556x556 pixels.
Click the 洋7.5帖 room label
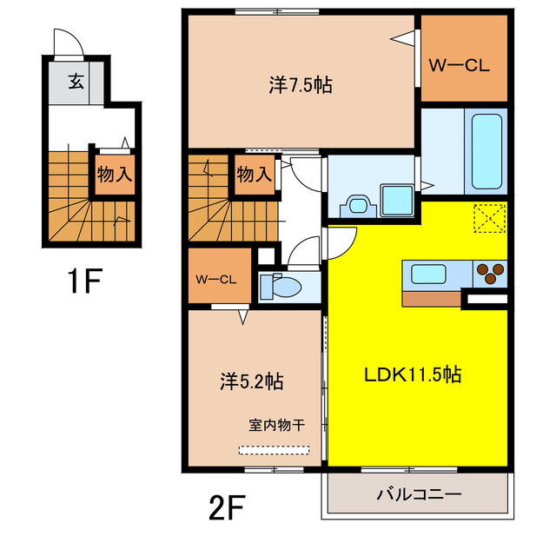pyautogui.click(x=301, y=86)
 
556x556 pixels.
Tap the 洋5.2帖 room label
pyautogui.click(x=251, y=380)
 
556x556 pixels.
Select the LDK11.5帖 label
pyautogui.click(x=411, y=375)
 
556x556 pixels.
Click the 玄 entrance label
pyautogui.click(x=76, y=83)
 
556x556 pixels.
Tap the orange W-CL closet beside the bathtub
pyautogui.click(x=463, y=63)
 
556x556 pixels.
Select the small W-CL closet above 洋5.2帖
pyautogui.click(x=218, y=280)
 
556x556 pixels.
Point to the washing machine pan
pyautogui.click(x=398, y=201)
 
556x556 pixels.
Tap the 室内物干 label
pyautogui.click(x=276, y=425)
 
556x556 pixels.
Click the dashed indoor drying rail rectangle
pyautogui.click(x=275, y=449)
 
